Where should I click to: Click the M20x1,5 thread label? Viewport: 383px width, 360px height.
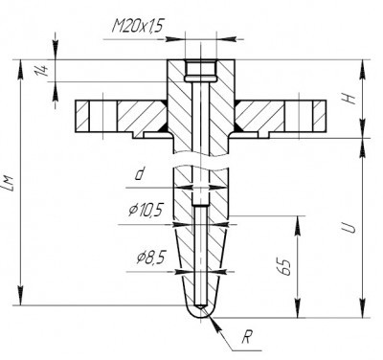point(137,26)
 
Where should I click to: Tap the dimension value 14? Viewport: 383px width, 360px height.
point(43,70)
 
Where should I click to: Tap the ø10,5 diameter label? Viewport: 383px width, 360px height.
point(146,211)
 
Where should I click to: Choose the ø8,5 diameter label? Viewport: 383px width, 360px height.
point(151,258)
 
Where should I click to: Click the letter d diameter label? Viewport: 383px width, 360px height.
point(139,174)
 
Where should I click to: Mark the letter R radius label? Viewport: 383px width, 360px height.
point(246,337)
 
